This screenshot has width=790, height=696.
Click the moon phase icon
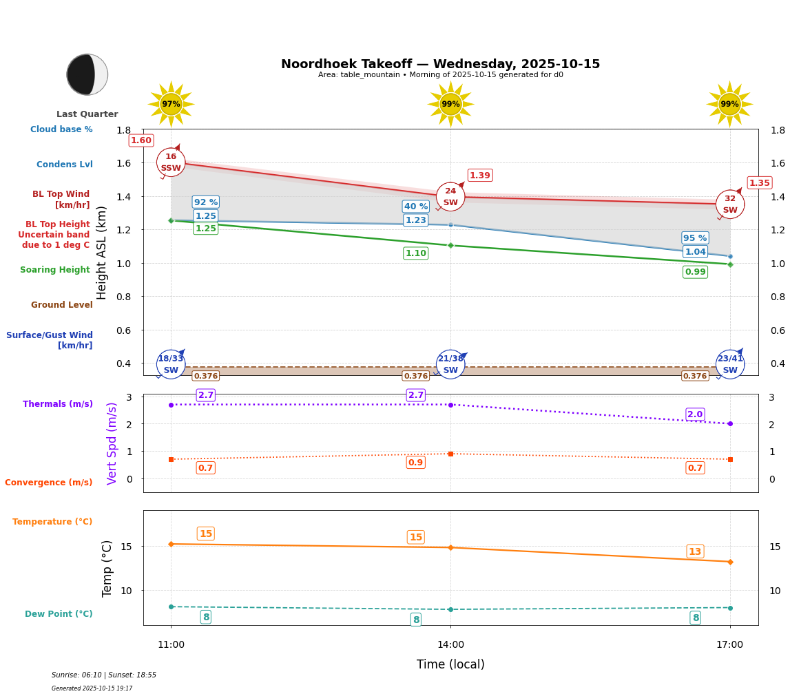[87, 74]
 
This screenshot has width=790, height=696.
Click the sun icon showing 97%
[171, 104]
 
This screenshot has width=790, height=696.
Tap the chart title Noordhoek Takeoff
[440, 64]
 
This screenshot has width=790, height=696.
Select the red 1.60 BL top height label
[141, 140]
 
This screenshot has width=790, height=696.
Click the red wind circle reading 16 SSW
[171, 162]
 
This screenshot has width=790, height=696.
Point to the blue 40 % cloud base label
[415, 207]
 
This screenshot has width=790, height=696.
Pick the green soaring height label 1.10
[415, 253]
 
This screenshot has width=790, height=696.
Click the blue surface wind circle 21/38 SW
[450, 364]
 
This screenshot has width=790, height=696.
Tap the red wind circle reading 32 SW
[729, 204]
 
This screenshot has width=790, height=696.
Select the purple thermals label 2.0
[695, 414]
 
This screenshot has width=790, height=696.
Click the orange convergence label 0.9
[415, 463]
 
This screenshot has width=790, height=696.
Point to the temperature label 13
[695, 551]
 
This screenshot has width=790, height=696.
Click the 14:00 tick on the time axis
[450, 644]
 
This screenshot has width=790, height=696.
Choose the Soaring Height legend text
[55, 270]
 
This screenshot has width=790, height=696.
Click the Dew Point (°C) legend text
[59, 614]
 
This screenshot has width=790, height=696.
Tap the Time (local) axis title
[450, 664]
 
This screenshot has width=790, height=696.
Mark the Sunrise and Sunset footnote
[104, 675]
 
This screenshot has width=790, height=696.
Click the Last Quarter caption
[87, 114]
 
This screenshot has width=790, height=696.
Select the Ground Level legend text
[62, 305]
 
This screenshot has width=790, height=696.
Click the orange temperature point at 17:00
[730, 562]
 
